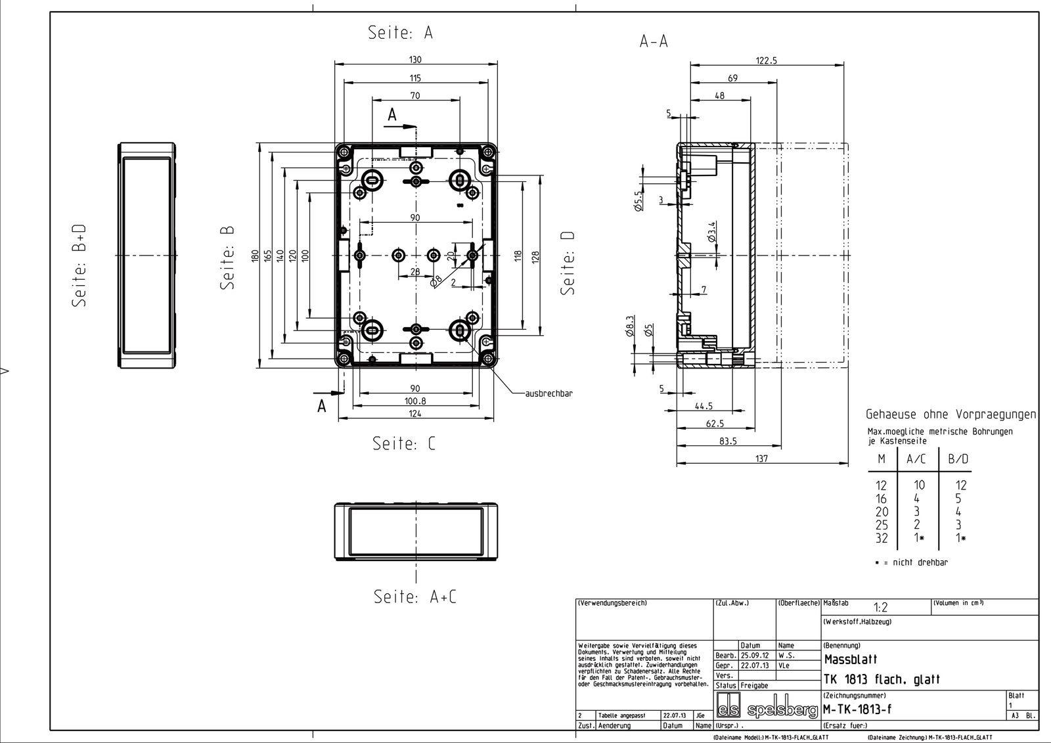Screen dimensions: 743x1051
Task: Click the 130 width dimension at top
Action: (x=414, y=59)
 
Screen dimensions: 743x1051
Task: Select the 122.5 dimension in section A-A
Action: (x=766, y=60)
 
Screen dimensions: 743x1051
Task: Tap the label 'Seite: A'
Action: (x=400, y=33)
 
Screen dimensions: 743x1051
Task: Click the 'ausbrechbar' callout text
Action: (x=549, y=394)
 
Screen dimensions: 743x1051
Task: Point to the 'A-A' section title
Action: (x=654, y=41)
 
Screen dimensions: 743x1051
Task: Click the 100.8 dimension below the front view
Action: (x=414, y=401)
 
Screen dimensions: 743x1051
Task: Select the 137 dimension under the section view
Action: (x=761, y=459)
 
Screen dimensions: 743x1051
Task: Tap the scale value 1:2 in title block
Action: (x=880, y=608)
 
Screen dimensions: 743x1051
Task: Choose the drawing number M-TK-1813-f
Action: (x=857, y=709)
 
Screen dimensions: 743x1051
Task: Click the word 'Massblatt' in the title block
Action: (x=850, y=659)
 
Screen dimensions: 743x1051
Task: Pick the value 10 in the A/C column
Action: (x=919, y=485)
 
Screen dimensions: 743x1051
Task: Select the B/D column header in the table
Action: (x=958, y=459)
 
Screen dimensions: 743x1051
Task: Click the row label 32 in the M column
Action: (x=882, y=538)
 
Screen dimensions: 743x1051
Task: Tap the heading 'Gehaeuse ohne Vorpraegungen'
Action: (x=950, y=415)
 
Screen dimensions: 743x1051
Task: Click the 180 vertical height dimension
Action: (x=256, y=255)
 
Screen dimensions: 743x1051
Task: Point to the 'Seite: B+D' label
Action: (x=79, y=265)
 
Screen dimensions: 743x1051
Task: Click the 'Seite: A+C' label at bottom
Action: (x=414, y=597)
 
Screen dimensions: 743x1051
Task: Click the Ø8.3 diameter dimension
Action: (x=630, y=324)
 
